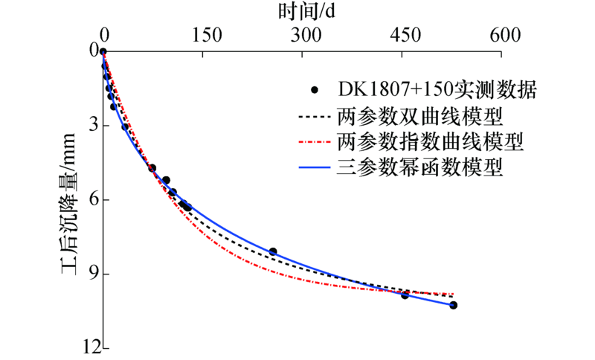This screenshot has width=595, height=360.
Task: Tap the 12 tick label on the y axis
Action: click(x=91, y=347)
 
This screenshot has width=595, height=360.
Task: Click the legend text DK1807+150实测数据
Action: click(x=437, y=91)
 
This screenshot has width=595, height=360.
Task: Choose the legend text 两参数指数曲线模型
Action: click(x=431, y=141)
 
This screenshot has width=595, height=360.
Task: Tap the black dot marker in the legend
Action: click(x=315, y=91)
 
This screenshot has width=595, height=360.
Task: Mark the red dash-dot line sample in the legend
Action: click(x=315, y=141)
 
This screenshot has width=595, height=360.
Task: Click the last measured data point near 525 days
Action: click(x=453, y=306)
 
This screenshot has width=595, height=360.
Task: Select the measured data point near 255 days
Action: click(x=273, y=252)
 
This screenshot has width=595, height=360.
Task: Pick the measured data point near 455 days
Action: click(x=405, y=295)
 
